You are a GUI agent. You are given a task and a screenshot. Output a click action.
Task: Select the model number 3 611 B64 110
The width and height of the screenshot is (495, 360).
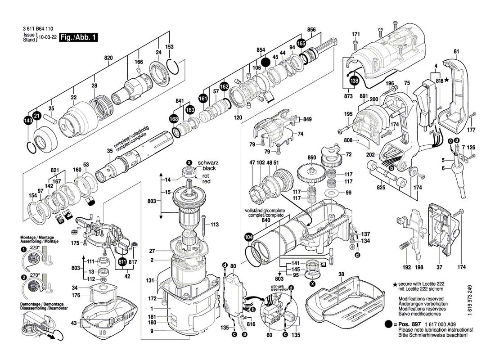(38, 28)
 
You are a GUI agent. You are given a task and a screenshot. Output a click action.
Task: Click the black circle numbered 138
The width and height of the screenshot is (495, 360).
(355, 81)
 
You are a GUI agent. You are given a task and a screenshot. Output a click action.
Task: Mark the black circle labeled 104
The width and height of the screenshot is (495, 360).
(248, 238)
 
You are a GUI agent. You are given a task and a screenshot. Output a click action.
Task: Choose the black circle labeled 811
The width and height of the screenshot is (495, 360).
(122, 262)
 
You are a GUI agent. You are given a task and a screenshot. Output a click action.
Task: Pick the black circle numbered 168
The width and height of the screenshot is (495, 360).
(173, 118)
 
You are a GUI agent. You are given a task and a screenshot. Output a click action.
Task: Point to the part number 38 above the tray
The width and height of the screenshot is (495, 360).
(341, 274)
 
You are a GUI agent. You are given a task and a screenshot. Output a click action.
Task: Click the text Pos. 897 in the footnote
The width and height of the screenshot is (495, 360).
(408, 324)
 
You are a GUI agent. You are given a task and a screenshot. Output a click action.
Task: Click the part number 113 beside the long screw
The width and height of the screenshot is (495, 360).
(214, 224)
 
